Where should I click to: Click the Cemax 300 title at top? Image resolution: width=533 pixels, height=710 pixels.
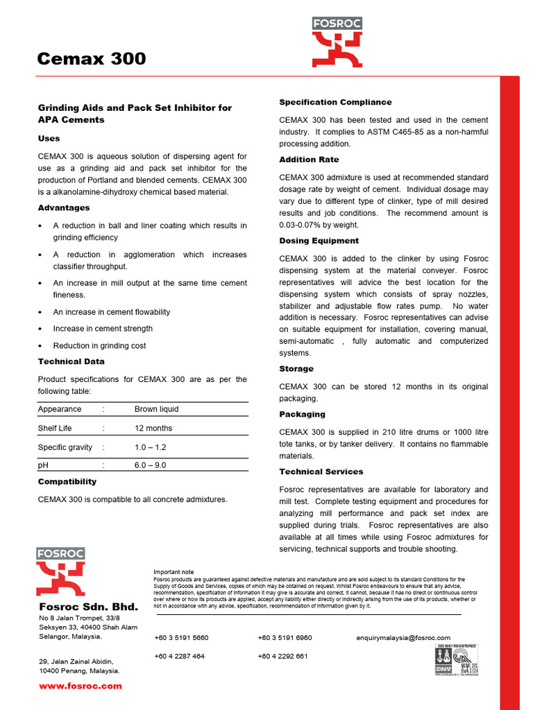tap(92, 59)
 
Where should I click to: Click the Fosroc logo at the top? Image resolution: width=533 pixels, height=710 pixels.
tap(337, 42)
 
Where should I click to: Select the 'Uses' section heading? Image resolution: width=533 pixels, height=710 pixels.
tap(49, 139)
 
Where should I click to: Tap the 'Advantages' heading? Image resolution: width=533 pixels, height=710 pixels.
tap(64, 208)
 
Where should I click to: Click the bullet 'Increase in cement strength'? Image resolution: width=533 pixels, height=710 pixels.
tap(103, 329)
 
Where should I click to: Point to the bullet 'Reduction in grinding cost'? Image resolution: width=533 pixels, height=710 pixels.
tap(99, 345)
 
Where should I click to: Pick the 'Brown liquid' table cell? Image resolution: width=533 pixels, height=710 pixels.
tap(156, 409)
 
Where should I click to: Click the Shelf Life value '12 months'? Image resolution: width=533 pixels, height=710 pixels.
tap(153, 428)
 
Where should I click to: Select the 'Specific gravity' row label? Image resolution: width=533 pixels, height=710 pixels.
tap(65, 447)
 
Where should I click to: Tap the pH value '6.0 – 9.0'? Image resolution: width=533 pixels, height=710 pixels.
tap(151, 465)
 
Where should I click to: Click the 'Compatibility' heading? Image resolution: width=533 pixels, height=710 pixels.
tap(67, 481)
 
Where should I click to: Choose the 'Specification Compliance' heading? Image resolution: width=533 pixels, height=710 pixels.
tap(335, 102)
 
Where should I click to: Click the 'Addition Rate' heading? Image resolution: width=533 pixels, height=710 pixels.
tap(309, 159)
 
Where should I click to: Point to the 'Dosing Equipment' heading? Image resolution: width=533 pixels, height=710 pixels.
tap(319, 241)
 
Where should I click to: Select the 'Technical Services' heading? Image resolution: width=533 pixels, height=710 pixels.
tap(321, 471)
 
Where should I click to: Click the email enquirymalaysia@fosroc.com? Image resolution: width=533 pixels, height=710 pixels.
tap(403, 637)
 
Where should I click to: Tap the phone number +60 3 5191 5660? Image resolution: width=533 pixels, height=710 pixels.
tap(181, 637)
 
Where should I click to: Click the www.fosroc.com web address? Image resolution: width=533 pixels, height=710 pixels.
tap(81, 686)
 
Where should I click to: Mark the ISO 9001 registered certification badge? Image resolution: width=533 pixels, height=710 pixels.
tap(455, 660)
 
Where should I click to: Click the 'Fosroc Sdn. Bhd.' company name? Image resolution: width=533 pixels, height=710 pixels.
tap(89, 607)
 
